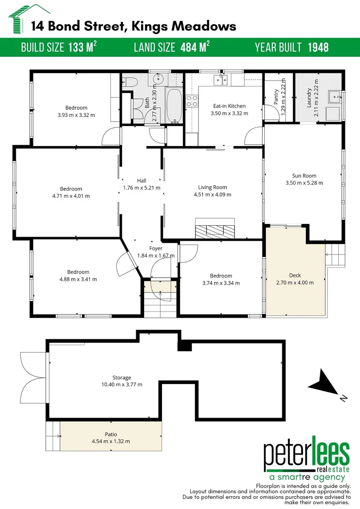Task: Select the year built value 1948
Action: click(x=318, y=47)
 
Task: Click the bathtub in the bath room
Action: click(x=174, y=106)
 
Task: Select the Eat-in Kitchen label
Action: click(x=229, y=106)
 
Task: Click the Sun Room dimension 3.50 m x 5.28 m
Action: click(x=304, y=183)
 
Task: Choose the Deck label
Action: click(x=295, y=275)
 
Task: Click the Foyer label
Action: click(x=155, y=248)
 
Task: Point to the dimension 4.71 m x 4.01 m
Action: click(x=71, y=196)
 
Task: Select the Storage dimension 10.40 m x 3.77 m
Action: click(x=122, y=384)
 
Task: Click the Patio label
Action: click(x=111, y=434)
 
